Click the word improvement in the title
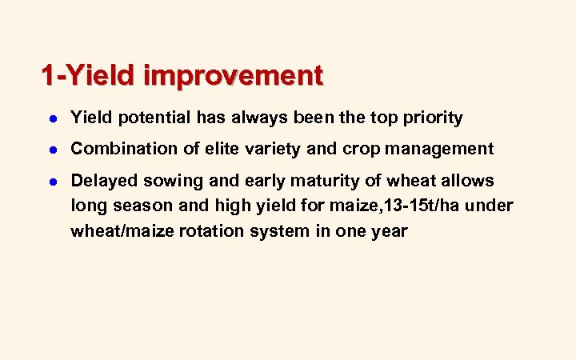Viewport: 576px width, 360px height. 234,76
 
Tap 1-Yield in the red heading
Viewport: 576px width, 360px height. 90,76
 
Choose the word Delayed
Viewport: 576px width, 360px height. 104,181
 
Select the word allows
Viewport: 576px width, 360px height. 468,181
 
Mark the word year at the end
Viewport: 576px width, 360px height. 389,231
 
